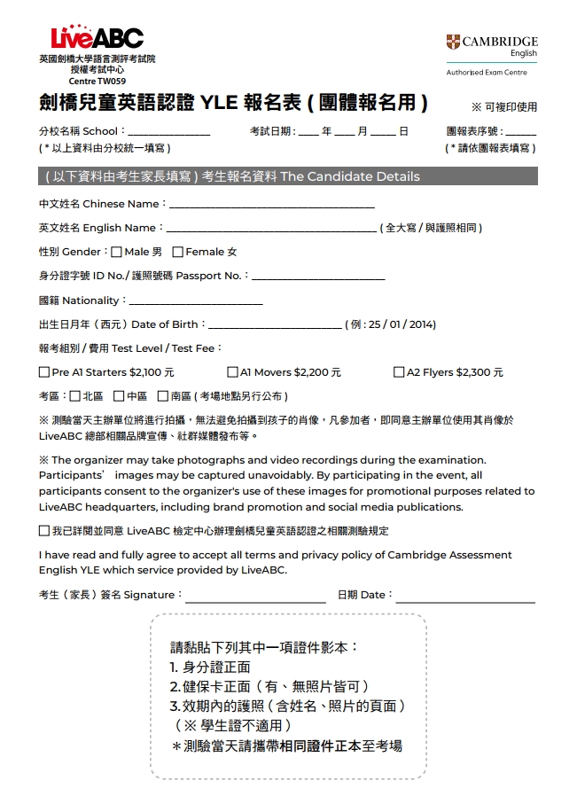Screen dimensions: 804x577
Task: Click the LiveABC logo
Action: pyautogui.click(x=97, y=38)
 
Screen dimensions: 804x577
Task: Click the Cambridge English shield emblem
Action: pyautogui.click(x=454, y=42)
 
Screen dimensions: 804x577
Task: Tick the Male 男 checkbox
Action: pyautogui.click(x=117, y=253)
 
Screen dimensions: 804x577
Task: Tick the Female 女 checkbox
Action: pyautogui.click(x=177, y=253)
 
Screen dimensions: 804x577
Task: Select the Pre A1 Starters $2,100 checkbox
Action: pyautogui.click(x=44, y=372)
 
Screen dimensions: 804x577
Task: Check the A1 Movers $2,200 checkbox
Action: pyautogui.click(x=232, y=372)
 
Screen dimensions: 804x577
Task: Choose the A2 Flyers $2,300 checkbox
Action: pyautogui.click(x=399, y=372)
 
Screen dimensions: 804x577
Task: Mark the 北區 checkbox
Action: pyautogui.click(x=74, y=396)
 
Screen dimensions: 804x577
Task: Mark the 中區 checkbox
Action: pyautogui.click(x=119, y=396)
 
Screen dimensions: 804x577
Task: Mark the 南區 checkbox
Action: pyautogui.click(x=162, y=396)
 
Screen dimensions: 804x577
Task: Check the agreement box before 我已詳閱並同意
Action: pyautogui.click(x=44, y=531)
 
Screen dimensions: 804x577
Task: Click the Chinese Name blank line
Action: pyautogui.click(x=271, y=205)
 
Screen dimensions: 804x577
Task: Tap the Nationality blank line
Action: pyautogui.click(x=196, y=301)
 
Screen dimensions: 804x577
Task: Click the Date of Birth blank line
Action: pyautogui.click(x=274, y=325)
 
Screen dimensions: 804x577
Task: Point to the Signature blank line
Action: pyautogui.click(x=255, y=596)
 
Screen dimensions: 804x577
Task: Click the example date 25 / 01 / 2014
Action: pyautogui.click(x=400, y=325)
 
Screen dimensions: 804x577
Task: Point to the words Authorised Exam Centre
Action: pyautogui.click(x=487, y=73)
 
